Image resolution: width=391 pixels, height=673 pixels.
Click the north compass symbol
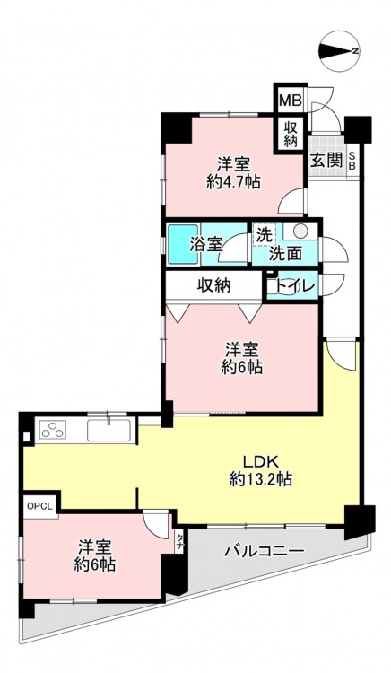click(x=341, y=51)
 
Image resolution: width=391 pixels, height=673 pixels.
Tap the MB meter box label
click(x=291, y=101)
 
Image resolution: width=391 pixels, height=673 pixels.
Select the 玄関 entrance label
click(x=326, y=160)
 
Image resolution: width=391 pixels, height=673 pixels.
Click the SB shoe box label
click(x=352, y=161)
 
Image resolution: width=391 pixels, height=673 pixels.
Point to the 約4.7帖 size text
click(x=233, y=182)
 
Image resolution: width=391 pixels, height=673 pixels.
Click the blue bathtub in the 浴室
click(x=183, y=244)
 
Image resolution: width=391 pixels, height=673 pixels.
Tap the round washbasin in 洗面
click(x=301, y=232)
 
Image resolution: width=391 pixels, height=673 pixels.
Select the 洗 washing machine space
click(x=265, y=235)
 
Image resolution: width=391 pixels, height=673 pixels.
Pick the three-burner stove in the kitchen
click(x=54, y=429)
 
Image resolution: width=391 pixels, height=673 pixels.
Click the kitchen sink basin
click(x=109, y=430)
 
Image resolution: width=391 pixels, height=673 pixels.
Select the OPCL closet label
click(x=39, y=505)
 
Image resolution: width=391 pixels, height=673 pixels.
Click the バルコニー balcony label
click(x=265, y=551)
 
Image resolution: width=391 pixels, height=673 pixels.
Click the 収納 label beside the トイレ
click(x=214, y=284)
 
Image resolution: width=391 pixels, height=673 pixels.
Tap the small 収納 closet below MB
click(x=291, y=134)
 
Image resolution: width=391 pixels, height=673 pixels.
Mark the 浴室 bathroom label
click(x=205, y=245)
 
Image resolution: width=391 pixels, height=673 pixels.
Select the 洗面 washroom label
click(x=285, y=254)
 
